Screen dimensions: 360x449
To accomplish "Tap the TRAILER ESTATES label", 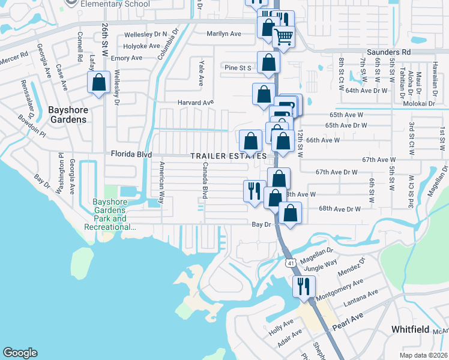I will [x=228, y=156].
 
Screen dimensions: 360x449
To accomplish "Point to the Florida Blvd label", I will [x=131, y=154].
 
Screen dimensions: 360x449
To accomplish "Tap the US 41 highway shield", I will [x=291, y=246].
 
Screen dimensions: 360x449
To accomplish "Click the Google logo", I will [x=20, y=353].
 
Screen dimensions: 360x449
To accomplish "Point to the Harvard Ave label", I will [x=196, y=103].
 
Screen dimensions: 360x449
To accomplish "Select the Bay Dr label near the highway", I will [x=259, y=224].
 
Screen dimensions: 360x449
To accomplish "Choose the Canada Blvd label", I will [x=205, y=181].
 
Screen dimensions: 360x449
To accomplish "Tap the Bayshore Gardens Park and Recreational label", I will [x=113, y=215].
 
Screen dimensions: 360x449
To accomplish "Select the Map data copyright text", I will [x=423, y=355].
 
